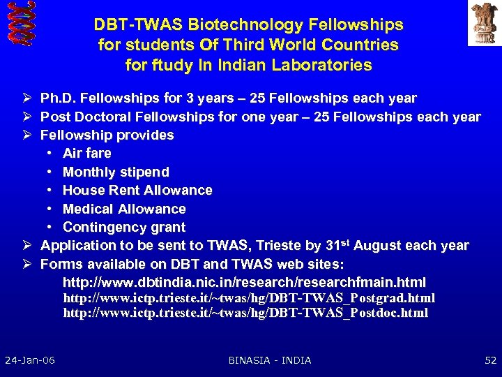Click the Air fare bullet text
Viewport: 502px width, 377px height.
pos(86,153)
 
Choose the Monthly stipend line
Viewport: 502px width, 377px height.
pos(116,172)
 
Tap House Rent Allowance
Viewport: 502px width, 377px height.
pos(137,190)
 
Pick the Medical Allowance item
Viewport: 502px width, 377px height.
pos(124,209)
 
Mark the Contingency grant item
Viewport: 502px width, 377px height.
pos(124,227)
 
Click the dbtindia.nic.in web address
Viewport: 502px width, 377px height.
pos(244,283)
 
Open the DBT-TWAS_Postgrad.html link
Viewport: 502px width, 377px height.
pos(249,298)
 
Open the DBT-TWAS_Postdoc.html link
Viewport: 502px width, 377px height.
pos(245,313)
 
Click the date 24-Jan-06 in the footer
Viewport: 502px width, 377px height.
pos(30,360)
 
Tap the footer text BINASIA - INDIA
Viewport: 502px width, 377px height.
pos(270,360)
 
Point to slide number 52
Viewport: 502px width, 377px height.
pos(489,360)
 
